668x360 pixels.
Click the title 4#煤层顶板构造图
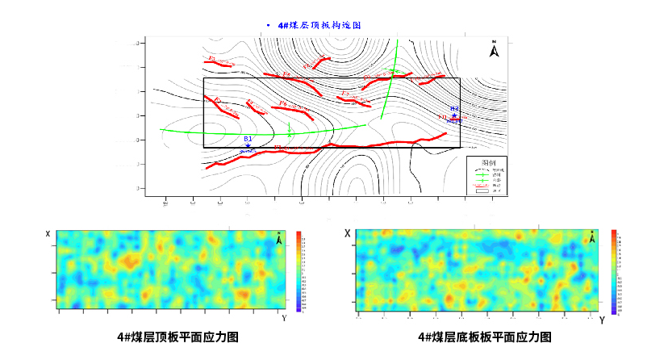pos(319,25)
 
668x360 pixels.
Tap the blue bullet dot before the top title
pos(268,25)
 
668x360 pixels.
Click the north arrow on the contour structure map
pos(494,50)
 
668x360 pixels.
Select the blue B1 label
pos(248,139)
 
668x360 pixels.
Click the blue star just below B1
pos(248,146)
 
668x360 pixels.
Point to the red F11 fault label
pos(442,118)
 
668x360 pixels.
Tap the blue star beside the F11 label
pos(454,116)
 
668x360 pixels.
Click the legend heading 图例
pos(488,161)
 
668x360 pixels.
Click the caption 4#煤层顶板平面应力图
pos(177,337)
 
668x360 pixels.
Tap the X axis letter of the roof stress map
pos(48,234)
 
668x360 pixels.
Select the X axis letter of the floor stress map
pos(348,233)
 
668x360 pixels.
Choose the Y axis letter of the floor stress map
pos(602,320)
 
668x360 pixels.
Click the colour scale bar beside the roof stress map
pos(299,271)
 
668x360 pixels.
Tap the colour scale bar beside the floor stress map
pos(615,271)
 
